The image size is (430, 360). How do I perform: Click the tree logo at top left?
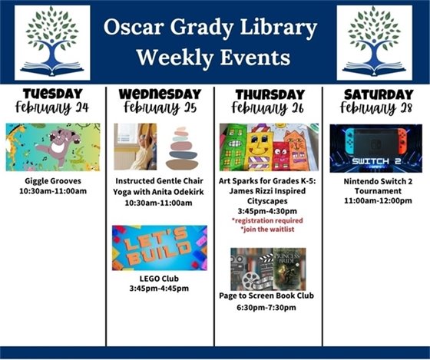[x=52, y=42]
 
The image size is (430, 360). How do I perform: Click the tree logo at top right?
[x=374, y=42]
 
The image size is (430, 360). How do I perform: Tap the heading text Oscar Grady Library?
[x=211, y=29]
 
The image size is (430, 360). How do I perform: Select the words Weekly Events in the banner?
[x=211, y=58]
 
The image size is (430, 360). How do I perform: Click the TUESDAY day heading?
[x=52, y=94]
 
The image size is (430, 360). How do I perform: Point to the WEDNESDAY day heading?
[x=160, y=94]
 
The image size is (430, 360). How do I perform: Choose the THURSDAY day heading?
[x=267, y=94]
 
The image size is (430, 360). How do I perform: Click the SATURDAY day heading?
[x=375, y=94]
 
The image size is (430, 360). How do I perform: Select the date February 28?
[x=375, y=107]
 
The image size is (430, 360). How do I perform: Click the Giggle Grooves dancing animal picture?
[x=52, y=147]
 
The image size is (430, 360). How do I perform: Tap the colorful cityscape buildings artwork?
[x=267, y=147]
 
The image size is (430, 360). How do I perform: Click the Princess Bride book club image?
[x=268, y=269]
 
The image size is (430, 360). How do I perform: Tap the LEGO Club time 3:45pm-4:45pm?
[x=160, y=289]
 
